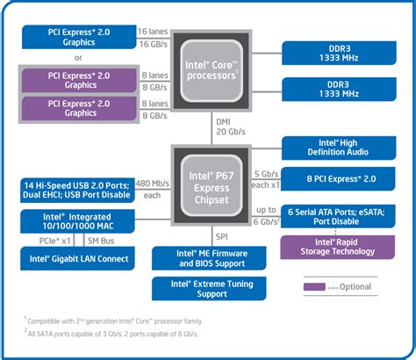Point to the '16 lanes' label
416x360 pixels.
click(154, 31)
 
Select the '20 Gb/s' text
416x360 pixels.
click(230, 133)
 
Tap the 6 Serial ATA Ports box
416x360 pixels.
click(334, 216)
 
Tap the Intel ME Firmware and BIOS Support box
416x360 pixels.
click(210, 257)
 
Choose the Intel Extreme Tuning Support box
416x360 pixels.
click(210, 288)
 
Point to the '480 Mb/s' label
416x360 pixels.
click(154, 184)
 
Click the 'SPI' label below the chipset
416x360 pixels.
click(222, 235)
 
